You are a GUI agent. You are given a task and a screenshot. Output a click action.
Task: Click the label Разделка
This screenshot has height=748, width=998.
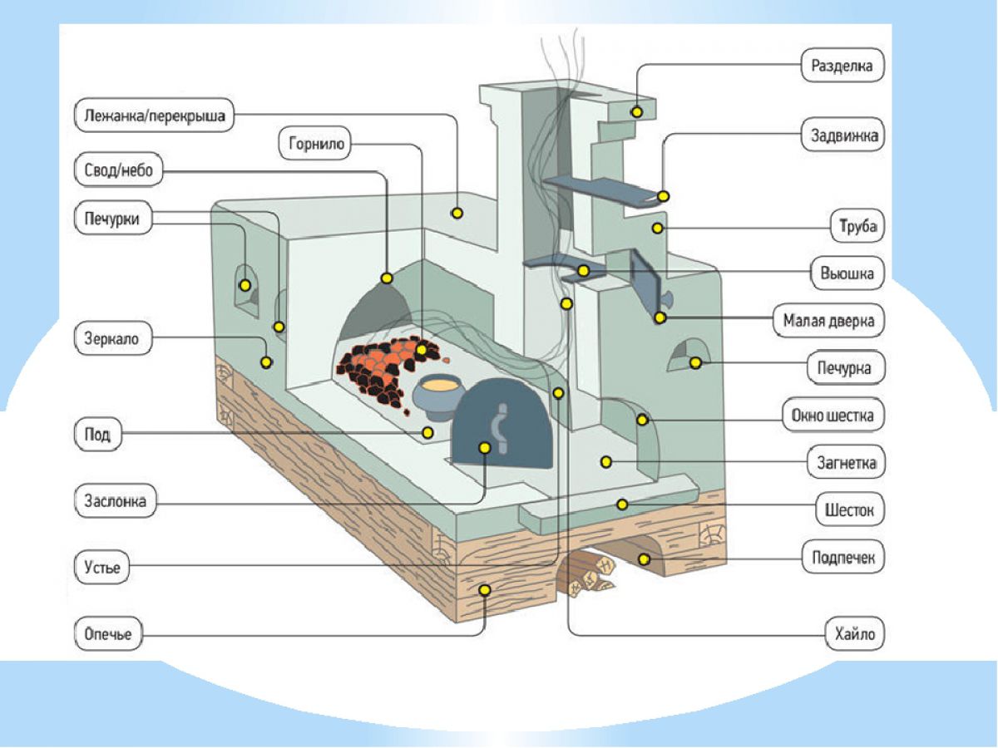click(842, 66)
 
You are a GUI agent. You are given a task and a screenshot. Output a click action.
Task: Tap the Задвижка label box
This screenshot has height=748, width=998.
click(842, 135)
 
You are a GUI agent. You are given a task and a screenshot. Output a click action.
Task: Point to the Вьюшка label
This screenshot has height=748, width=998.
click(847, 273)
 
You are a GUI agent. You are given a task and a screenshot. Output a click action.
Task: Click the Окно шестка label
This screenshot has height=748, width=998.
click(832, 415)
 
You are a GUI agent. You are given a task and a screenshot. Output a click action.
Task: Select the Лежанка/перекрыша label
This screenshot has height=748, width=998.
click(154, 116)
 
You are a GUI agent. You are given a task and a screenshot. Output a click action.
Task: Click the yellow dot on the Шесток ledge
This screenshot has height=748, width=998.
click(621, 504)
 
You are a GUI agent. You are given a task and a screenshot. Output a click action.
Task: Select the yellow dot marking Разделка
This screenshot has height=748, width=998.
click(637, 111)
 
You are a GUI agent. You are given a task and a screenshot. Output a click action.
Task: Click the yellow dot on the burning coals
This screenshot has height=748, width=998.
click(422, 350)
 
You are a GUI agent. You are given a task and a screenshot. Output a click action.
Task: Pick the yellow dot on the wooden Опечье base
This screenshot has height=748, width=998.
click(485, 590)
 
